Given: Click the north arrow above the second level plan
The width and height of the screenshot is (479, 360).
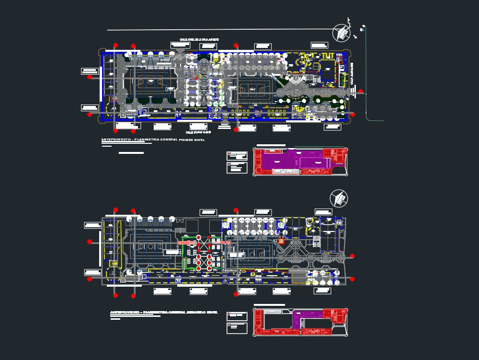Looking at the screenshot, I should pyautogui.click(x=339, y=198).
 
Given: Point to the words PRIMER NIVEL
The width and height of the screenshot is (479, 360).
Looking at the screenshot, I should pyautogui.click(x=192, y=140).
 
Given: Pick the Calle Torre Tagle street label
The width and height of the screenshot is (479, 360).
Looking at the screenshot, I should pyautogui.click(x=198, y=132).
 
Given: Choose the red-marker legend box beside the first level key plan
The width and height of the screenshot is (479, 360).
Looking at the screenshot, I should pyautogui.click(x=237, y=155).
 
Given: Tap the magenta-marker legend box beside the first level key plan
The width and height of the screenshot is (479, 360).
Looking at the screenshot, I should pyautogui.click(x=237, y=167).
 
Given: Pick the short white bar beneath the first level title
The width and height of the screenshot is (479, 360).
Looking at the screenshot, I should pyautogui.click(x=131, y=153).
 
